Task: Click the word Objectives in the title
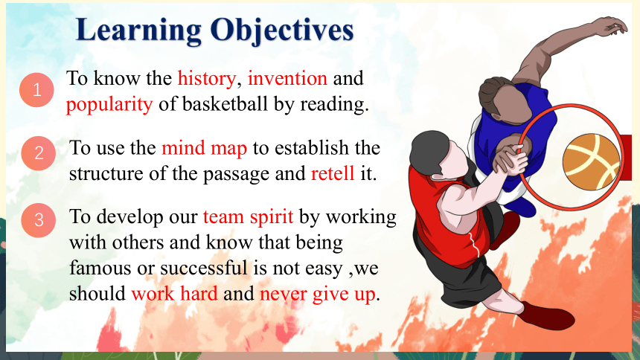tap(281, 30)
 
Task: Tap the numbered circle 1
tap(36, 90)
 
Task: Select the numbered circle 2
tap(39, 153)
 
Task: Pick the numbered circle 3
tap(39, 220)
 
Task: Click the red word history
tap(207, 78)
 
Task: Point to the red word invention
tap(287, 78)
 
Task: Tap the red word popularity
tap(109, 104)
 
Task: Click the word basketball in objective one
tap(225, 103)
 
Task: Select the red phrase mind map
tap(204, 148)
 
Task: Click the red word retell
tap(333, 173)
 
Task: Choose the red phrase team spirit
tap(248, 217)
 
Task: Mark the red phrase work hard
tap(174, 294)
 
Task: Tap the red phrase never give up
tap(317, 295)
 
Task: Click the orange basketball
tap(591, 161)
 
